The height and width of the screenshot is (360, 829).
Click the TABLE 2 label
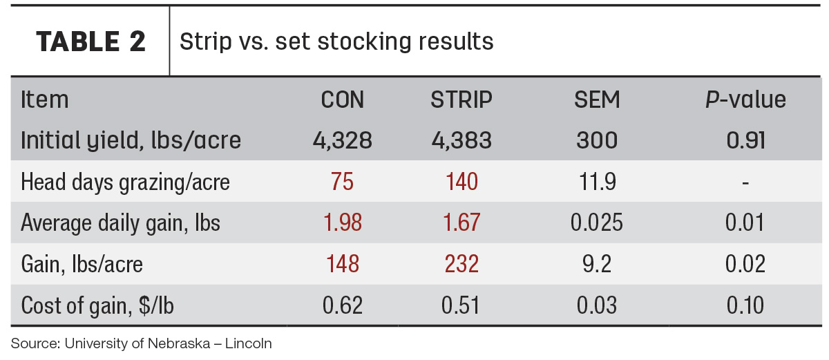[x=90, y=41]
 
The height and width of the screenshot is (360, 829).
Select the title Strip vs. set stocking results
[x=336, y=41]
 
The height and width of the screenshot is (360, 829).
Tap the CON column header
[x=343, y=100]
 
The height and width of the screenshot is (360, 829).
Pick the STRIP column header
[x=461, y=100]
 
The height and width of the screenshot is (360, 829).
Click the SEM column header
[x=597, y=100]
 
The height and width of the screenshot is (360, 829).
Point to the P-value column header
[x=745, y=100]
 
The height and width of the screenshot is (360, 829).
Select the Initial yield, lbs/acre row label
[x=131, y=140]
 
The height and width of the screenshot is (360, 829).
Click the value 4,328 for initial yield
[x=343, y=140]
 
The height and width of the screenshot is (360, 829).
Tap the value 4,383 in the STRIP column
[x=461, y=140]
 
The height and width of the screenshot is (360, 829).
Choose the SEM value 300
[x=597, y=140]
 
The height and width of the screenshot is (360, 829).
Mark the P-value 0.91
[x=745, y=140]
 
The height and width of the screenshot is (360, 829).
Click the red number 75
[x=343, y=182]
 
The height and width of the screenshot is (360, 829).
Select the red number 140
[x=461, y=182]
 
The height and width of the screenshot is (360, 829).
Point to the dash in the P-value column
[x=745, y=183]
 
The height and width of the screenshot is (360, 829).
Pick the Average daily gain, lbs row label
[x=120, y=223]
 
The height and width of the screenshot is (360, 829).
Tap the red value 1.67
[x=461, y=222]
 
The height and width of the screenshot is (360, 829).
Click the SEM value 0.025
[x=597, y=222]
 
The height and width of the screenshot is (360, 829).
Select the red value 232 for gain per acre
[x=461, y=264]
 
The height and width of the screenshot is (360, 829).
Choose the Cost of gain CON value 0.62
[x=343, y=305]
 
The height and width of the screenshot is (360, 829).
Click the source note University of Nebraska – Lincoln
[x=141, y=343]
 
